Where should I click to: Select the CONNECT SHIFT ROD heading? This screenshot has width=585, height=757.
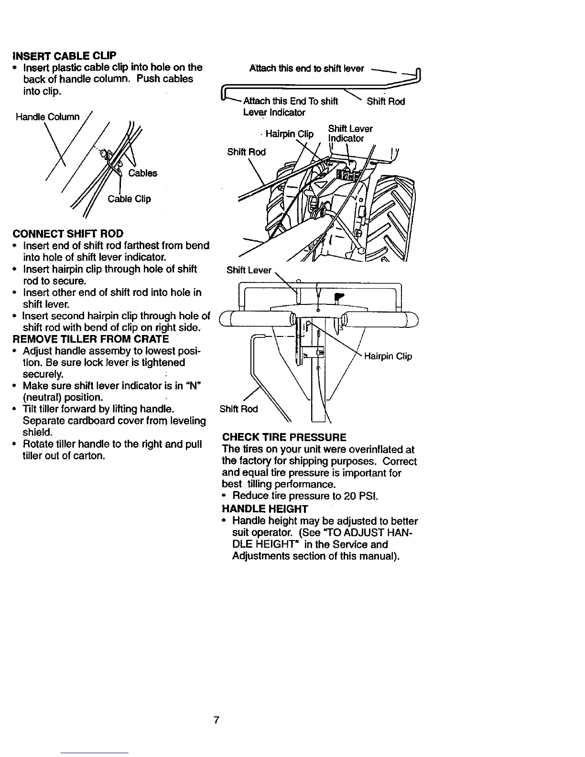click(67, 234)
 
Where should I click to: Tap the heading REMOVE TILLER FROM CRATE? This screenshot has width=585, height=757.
click(91, 339)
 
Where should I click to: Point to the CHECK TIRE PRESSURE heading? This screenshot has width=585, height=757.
click(284, 438)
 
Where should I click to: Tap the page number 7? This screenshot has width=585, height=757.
click(216, 720)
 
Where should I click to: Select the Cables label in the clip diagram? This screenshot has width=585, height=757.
click(142, 173)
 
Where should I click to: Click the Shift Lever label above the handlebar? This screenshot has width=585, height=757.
click(249, 270)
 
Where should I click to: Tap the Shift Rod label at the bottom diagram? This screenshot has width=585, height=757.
click(238, 409)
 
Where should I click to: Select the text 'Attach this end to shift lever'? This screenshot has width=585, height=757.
click(307, 68)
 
